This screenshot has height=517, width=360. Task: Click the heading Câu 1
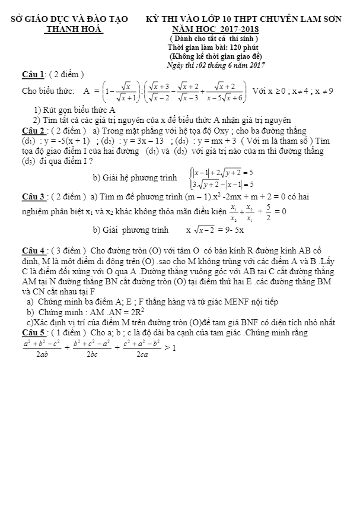pyautogui.click(x=34, y=74)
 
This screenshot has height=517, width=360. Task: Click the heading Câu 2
pyautogui.click(x=34, y=130)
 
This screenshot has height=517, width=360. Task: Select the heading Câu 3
pyautogui.click(x=34, y=196)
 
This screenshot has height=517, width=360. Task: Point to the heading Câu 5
pyautogui.click(x=34, y=333)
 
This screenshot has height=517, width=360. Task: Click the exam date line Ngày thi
pyautogui.click(x=216, y=65)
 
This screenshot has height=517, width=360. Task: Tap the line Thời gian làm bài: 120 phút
pyautogui.click(x=213, y=47)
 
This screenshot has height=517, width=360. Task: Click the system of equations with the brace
pyautogui.click(x=222, y=177)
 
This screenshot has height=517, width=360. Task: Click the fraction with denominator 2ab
pyautogui.click(x=42, y=348)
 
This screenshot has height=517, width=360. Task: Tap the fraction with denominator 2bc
pyautogui.click(x=92, y=348)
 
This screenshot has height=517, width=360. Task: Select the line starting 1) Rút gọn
pyautogui.click(x=75, y=110)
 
